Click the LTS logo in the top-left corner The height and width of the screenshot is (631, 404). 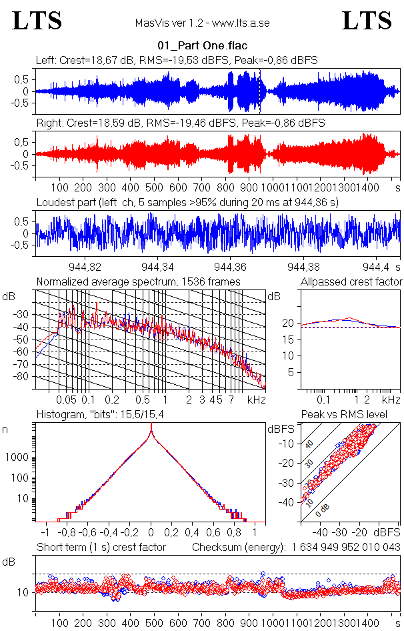(x=37, y=21)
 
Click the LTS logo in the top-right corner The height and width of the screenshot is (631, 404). (x=367, y=21)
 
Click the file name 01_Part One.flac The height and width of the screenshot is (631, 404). (x=201, y=47)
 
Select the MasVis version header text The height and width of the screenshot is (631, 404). (x=202, y=23)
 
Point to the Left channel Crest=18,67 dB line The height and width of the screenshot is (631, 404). (x=177, y=61)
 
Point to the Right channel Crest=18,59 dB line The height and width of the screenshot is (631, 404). (x=180, y=123)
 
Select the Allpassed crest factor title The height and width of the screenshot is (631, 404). (x=351, y=281)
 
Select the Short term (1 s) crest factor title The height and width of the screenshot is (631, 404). (x=101, y=548)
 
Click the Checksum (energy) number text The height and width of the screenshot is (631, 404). (x=345, y=548)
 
